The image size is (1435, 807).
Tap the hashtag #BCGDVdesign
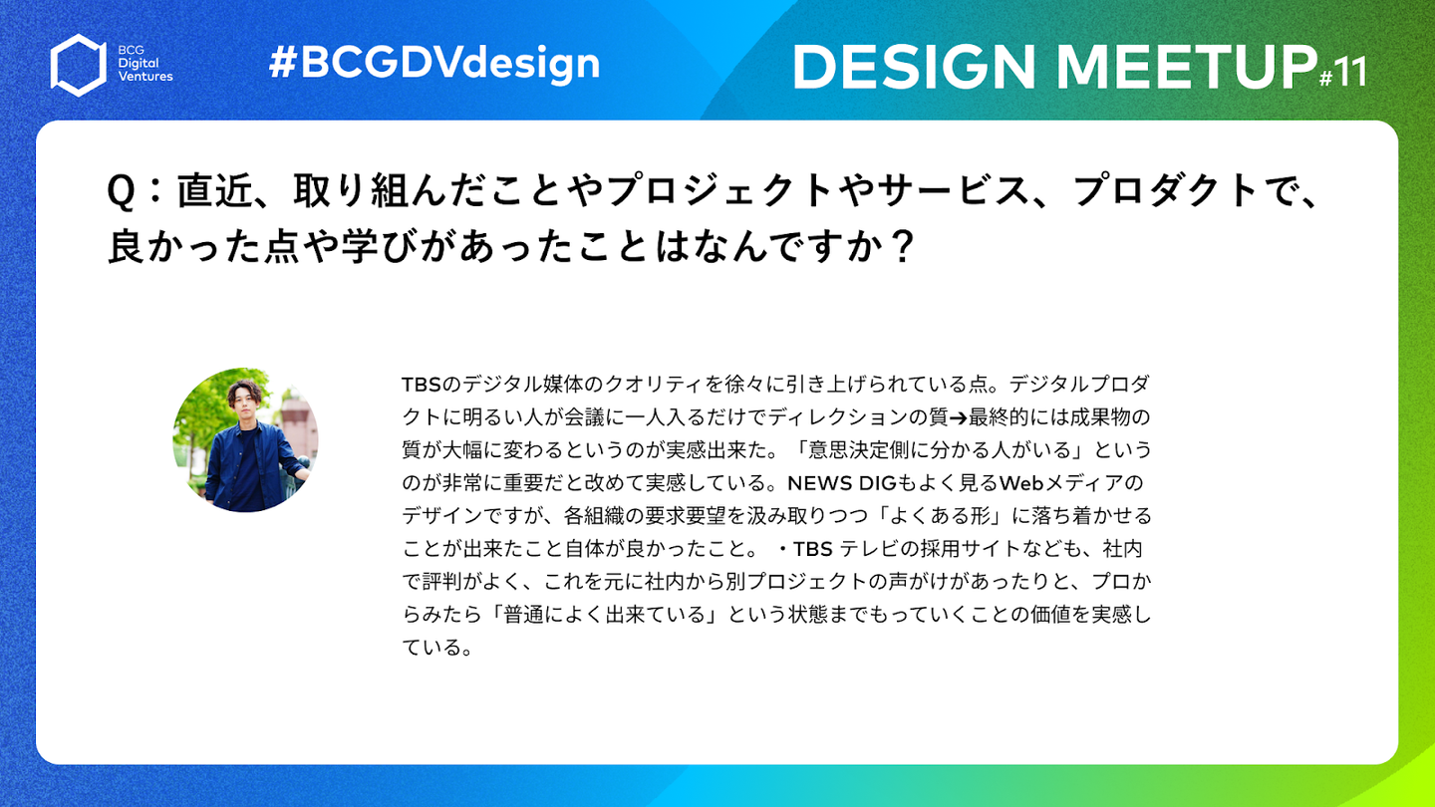pyautogui.click(x=434, y=64)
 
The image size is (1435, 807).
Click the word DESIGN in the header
pyautogui.click(x=914, y=66)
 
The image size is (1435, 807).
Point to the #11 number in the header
pyautogui.click(x=1342, y=73)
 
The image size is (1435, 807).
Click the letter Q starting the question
pyautogui.click(x=121, y=191)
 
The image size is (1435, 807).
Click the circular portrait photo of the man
pyautogui.click(x=245, y=440)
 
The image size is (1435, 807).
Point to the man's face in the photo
pyautogui.click(x=244, y=401)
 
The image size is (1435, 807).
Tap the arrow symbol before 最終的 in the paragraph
pyautogui.click(x=959, y=418)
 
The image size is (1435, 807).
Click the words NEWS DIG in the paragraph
pyautogui.click(x=841, y=483)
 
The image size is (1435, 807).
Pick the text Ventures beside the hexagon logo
pyautogui.click(x=145, y=76)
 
